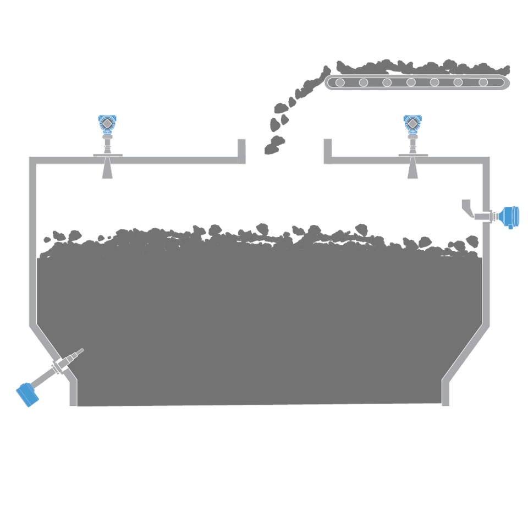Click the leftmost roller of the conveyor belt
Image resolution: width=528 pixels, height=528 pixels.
[x=340, y=82]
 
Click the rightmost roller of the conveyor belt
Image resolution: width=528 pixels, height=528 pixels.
[x=483, y=82]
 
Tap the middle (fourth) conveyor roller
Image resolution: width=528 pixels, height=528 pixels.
[x=411, y=82]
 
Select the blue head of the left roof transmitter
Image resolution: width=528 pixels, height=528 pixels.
[x=107, y=123]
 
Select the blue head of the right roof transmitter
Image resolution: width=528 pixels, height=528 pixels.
[x=411, y=123]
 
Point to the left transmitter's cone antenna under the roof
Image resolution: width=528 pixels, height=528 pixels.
[x=107, y=170]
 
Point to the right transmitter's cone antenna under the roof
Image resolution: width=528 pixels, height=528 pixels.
[x=412, y=170]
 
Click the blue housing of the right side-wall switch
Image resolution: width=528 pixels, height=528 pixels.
[x=509, y=216]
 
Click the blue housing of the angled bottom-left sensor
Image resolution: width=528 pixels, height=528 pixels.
[x=26, y=394]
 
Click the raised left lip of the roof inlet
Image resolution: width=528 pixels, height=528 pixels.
[x=241, y=149]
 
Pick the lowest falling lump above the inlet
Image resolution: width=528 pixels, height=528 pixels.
[x=271, y=148]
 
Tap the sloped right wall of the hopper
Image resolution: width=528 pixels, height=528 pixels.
[x=468, y=352]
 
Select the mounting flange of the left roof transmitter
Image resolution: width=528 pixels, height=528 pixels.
[x=107, y=156]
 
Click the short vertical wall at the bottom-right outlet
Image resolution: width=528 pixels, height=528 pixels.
[x=446, y=393]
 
